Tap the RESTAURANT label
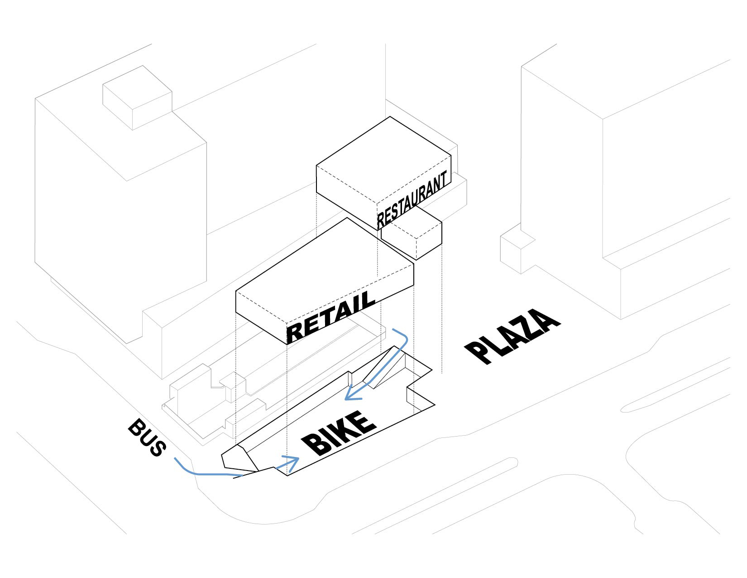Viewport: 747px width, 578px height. click(x=412, y=199)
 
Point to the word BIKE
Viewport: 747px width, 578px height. click(x=340, y=433)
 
